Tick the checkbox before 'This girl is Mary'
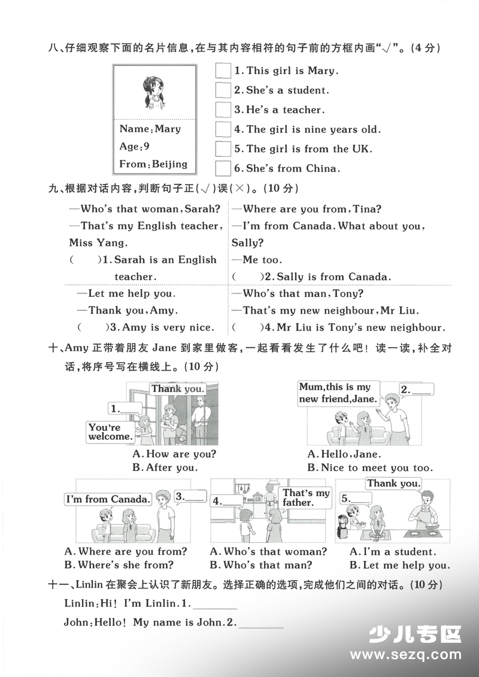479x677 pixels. [223, 71]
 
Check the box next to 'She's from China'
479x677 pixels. [223, 168]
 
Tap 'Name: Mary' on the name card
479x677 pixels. [150, 129]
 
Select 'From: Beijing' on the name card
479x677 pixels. [153, 163]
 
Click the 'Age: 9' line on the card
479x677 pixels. [135, 146]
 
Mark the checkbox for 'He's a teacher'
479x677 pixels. [223, 110]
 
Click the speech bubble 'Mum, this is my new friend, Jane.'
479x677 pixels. [338, 393]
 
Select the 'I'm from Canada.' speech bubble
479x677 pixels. [107, 499]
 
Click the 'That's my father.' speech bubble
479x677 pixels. [305, 497]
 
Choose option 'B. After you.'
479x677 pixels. [165, 467]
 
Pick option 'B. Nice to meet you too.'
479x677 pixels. [369, 467]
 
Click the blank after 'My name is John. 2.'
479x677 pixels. [262, 623]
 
